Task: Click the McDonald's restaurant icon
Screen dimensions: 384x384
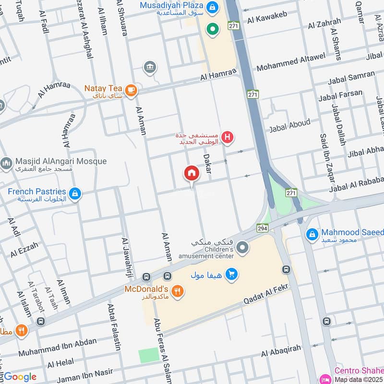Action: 178,290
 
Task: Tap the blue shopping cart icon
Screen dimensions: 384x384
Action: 232,274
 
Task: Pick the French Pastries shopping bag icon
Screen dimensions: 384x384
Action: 74,194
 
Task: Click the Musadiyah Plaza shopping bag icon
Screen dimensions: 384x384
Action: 212,7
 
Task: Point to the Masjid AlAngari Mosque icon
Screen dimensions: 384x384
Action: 6,164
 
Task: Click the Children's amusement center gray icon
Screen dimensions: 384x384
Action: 243,248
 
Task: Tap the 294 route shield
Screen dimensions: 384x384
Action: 262,228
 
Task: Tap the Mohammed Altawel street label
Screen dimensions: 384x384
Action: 291,62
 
